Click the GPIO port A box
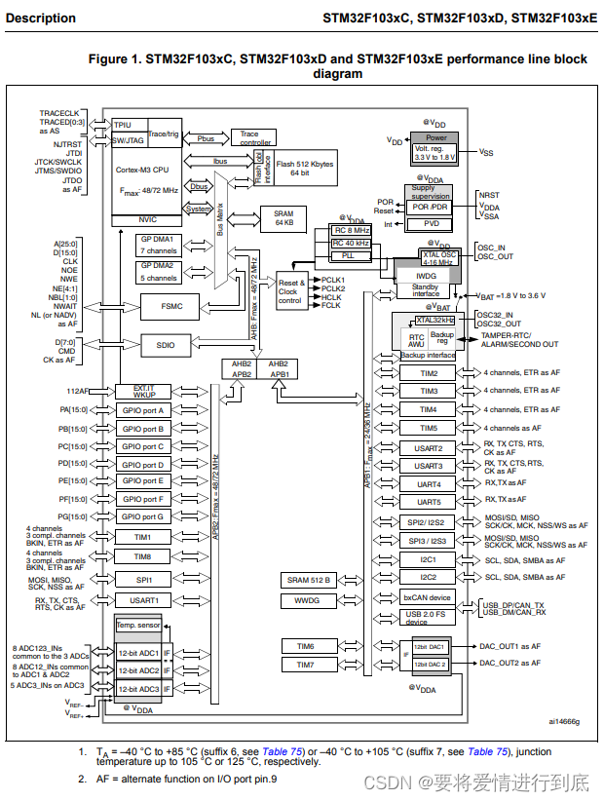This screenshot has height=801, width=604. click(143, 411)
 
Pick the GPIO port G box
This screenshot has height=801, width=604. click(143, 516)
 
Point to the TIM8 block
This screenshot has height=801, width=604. click(143, 556)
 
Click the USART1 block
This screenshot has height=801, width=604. click(143, 601)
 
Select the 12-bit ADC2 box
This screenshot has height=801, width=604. click(138, 670)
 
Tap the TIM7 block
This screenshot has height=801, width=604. click(306, 665)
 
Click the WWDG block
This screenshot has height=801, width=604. click(306, 601)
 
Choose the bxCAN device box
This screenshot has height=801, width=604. click(427, 597)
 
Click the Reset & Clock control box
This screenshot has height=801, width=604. click(289, 292)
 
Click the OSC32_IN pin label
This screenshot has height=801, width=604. click(498, 315)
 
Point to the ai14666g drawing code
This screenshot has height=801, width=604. click(563, 721)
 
